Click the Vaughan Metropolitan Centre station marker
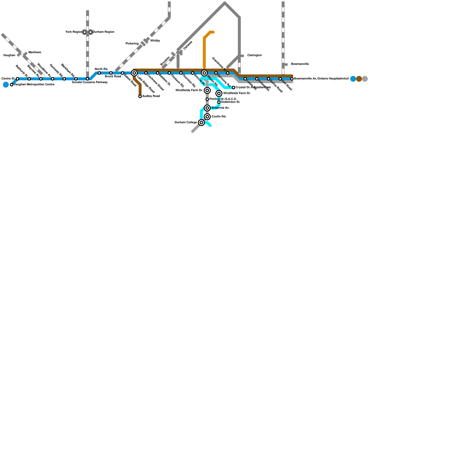12,85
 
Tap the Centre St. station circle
18,79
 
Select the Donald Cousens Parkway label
90,82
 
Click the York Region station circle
85,32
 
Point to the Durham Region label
103,32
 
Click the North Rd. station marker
99,73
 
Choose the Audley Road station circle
140,96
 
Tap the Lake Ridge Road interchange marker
134,73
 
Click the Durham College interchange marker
201,123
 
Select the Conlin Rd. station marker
207,117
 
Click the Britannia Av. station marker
207,108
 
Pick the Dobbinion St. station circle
219,102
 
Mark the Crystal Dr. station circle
233,88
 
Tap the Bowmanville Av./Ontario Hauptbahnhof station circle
292,79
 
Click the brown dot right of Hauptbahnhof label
359,79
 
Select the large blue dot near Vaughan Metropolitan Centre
6,85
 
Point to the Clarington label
255,55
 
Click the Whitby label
155,41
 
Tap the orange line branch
204,50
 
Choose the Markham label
35,53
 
